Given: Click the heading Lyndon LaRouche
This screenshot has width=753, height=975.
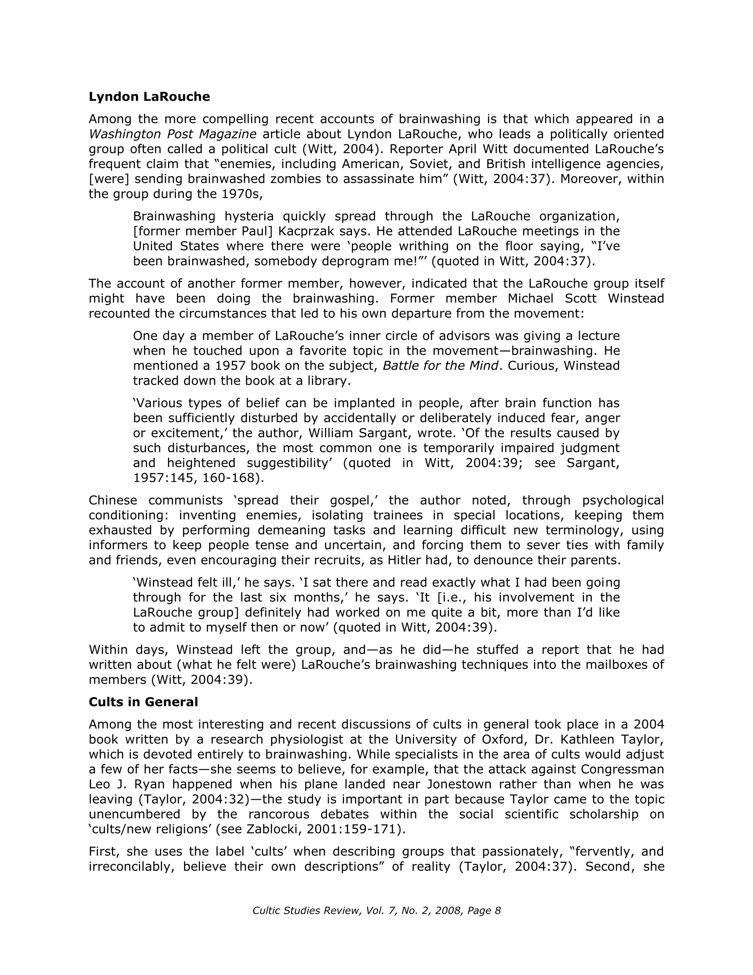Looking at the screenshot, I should point(149,97).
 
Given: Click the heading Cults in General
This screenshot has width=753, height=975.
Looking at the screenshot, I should point(143,702).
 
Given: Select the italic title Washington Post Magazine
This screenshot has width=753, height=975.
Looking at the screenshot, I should point(172,134).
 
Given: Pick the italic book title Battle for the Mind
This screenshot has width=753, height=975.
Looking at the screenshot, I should point(441,366).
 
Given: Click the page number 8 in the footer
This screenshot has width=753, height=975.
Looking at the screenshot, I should point(498,911).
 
